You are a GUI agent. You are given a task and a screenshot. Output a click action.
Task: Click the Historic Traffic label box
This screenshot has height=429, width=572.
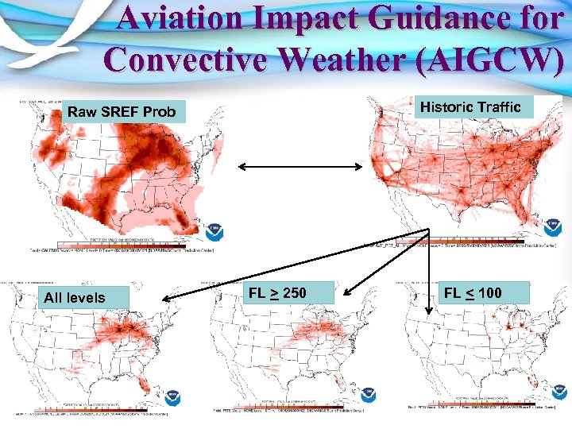470,107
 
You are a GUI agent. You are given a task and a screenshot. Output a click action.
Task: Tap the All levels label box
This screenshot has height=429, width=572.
75,298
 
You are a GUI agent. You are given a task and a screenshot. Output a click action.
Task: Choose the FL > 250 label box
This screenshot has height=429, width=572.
277,293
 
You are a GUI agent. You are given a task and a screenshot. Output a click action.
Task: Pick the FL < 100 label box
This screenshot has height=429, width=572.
473,293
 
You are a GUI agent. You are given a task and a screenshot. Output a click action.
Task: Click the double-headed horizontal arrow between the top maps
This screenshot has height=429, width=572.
302,167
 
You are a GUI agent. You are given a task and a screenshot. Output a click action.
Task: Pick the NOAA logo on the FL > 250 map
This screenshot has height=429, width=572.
366,395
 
